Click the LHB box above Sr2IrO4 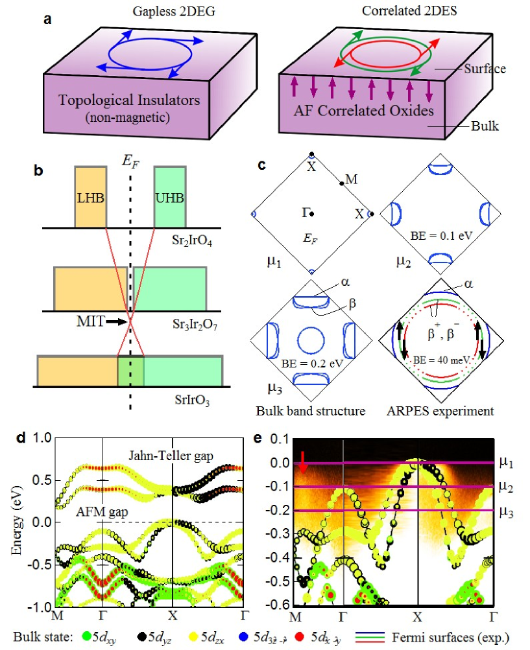(x=91, y=197)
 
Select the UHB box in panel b (x=170, y=197)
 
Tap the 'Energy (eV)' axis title (x=18, y=522)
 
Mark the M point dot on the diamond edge (x=341, y=183)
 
